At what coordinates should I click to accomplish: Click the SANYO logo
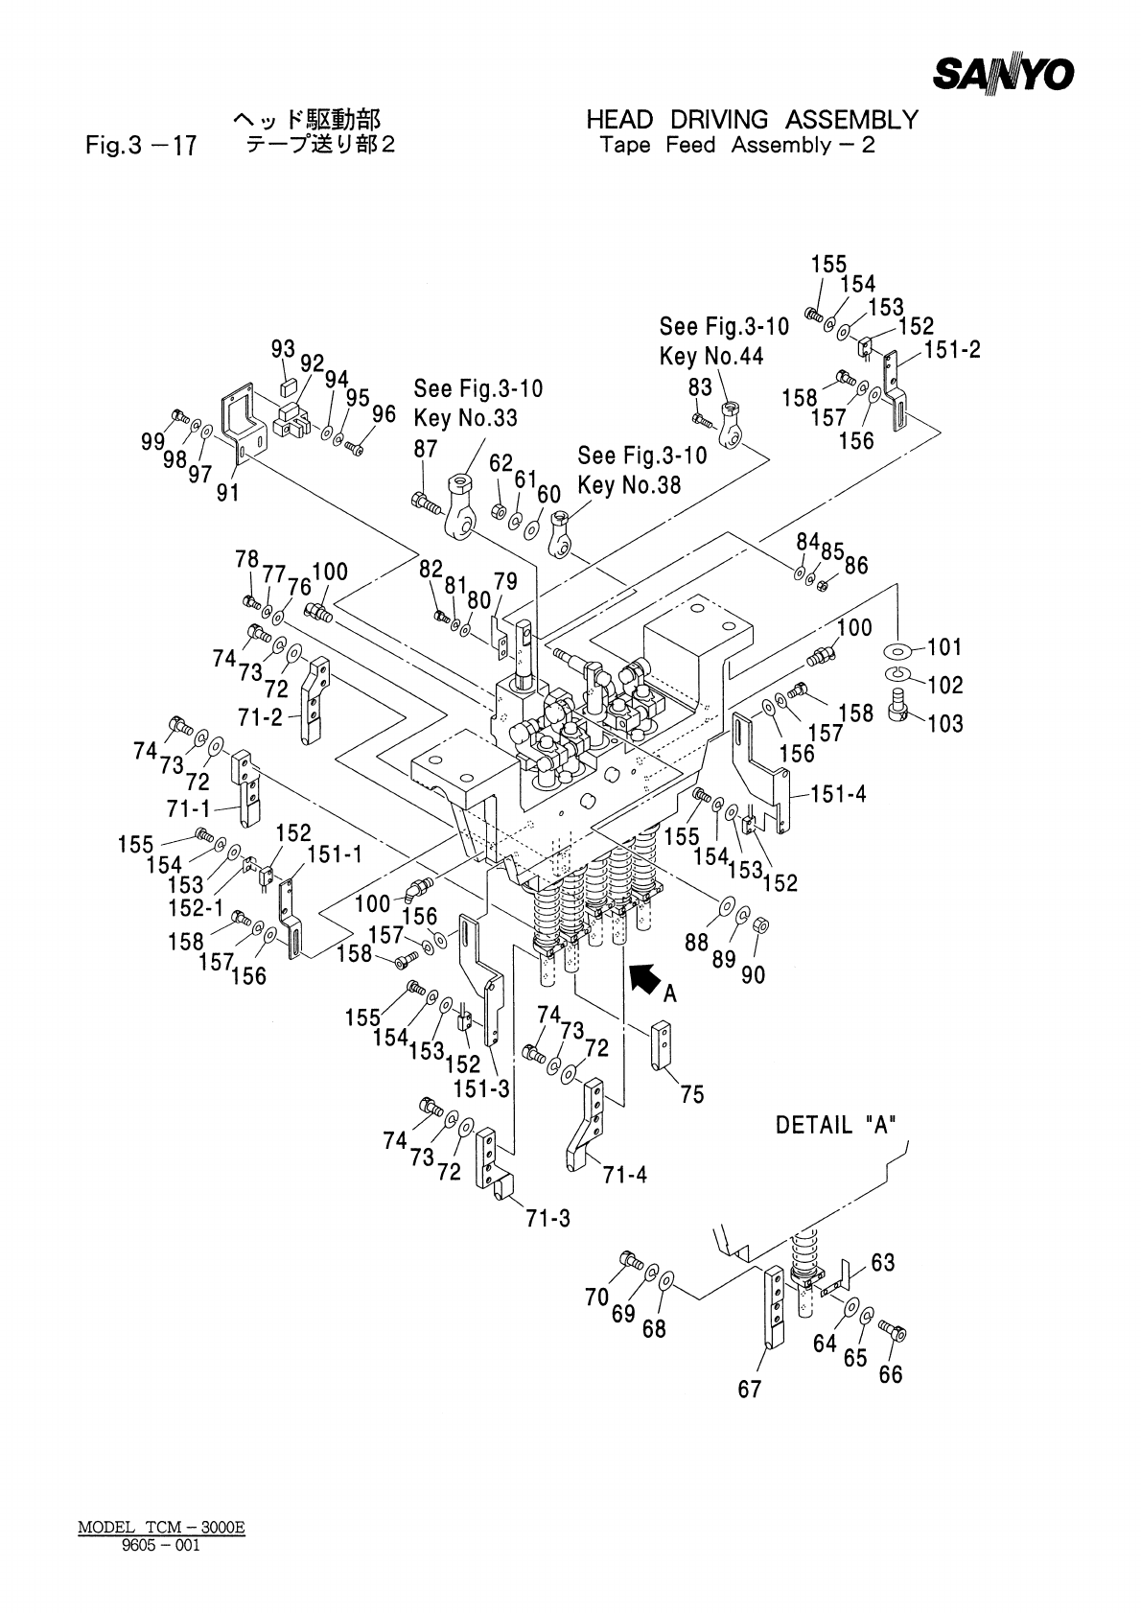(x=1004, y=74)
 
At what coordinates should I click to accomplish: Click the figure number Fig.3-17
(x=141, y=146)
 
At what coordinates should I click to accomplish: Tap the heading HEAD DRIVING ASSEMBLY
(x=753, y=120)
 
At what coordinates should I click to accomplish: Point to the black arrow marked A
(x=645, y=979)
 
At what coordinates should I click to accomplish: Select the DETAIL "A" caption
(x=836, y=1125)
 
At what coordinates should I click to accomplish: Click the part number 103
(x=945, y=723)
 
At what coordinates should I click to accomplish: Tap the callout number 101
(x=944, y=647)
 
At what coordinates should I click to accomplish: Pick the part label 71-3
(x=547, y=1219)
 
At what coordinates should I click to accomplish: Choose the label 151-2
(x=952, y=350)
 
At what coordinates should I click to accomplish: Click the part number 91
(x=227, y=493)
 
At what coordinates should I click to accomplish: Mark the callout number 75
(x=692, y=1094)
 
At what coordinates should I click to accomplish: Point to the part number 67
(x=750, y=1389)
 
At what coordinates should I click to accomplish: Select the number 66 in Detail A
(x=891, y=1374)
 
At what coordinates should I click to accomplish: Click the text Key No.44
(x=711, y=357)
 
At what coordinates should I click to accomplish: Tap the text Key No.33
(x=465, y=418)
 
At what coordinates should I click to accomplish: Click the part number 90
(x=753, y=975)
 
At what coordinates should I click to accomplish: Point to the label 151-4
(x=839, y=794)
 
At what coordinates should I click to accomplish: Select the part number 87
(x=426, y=450)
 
